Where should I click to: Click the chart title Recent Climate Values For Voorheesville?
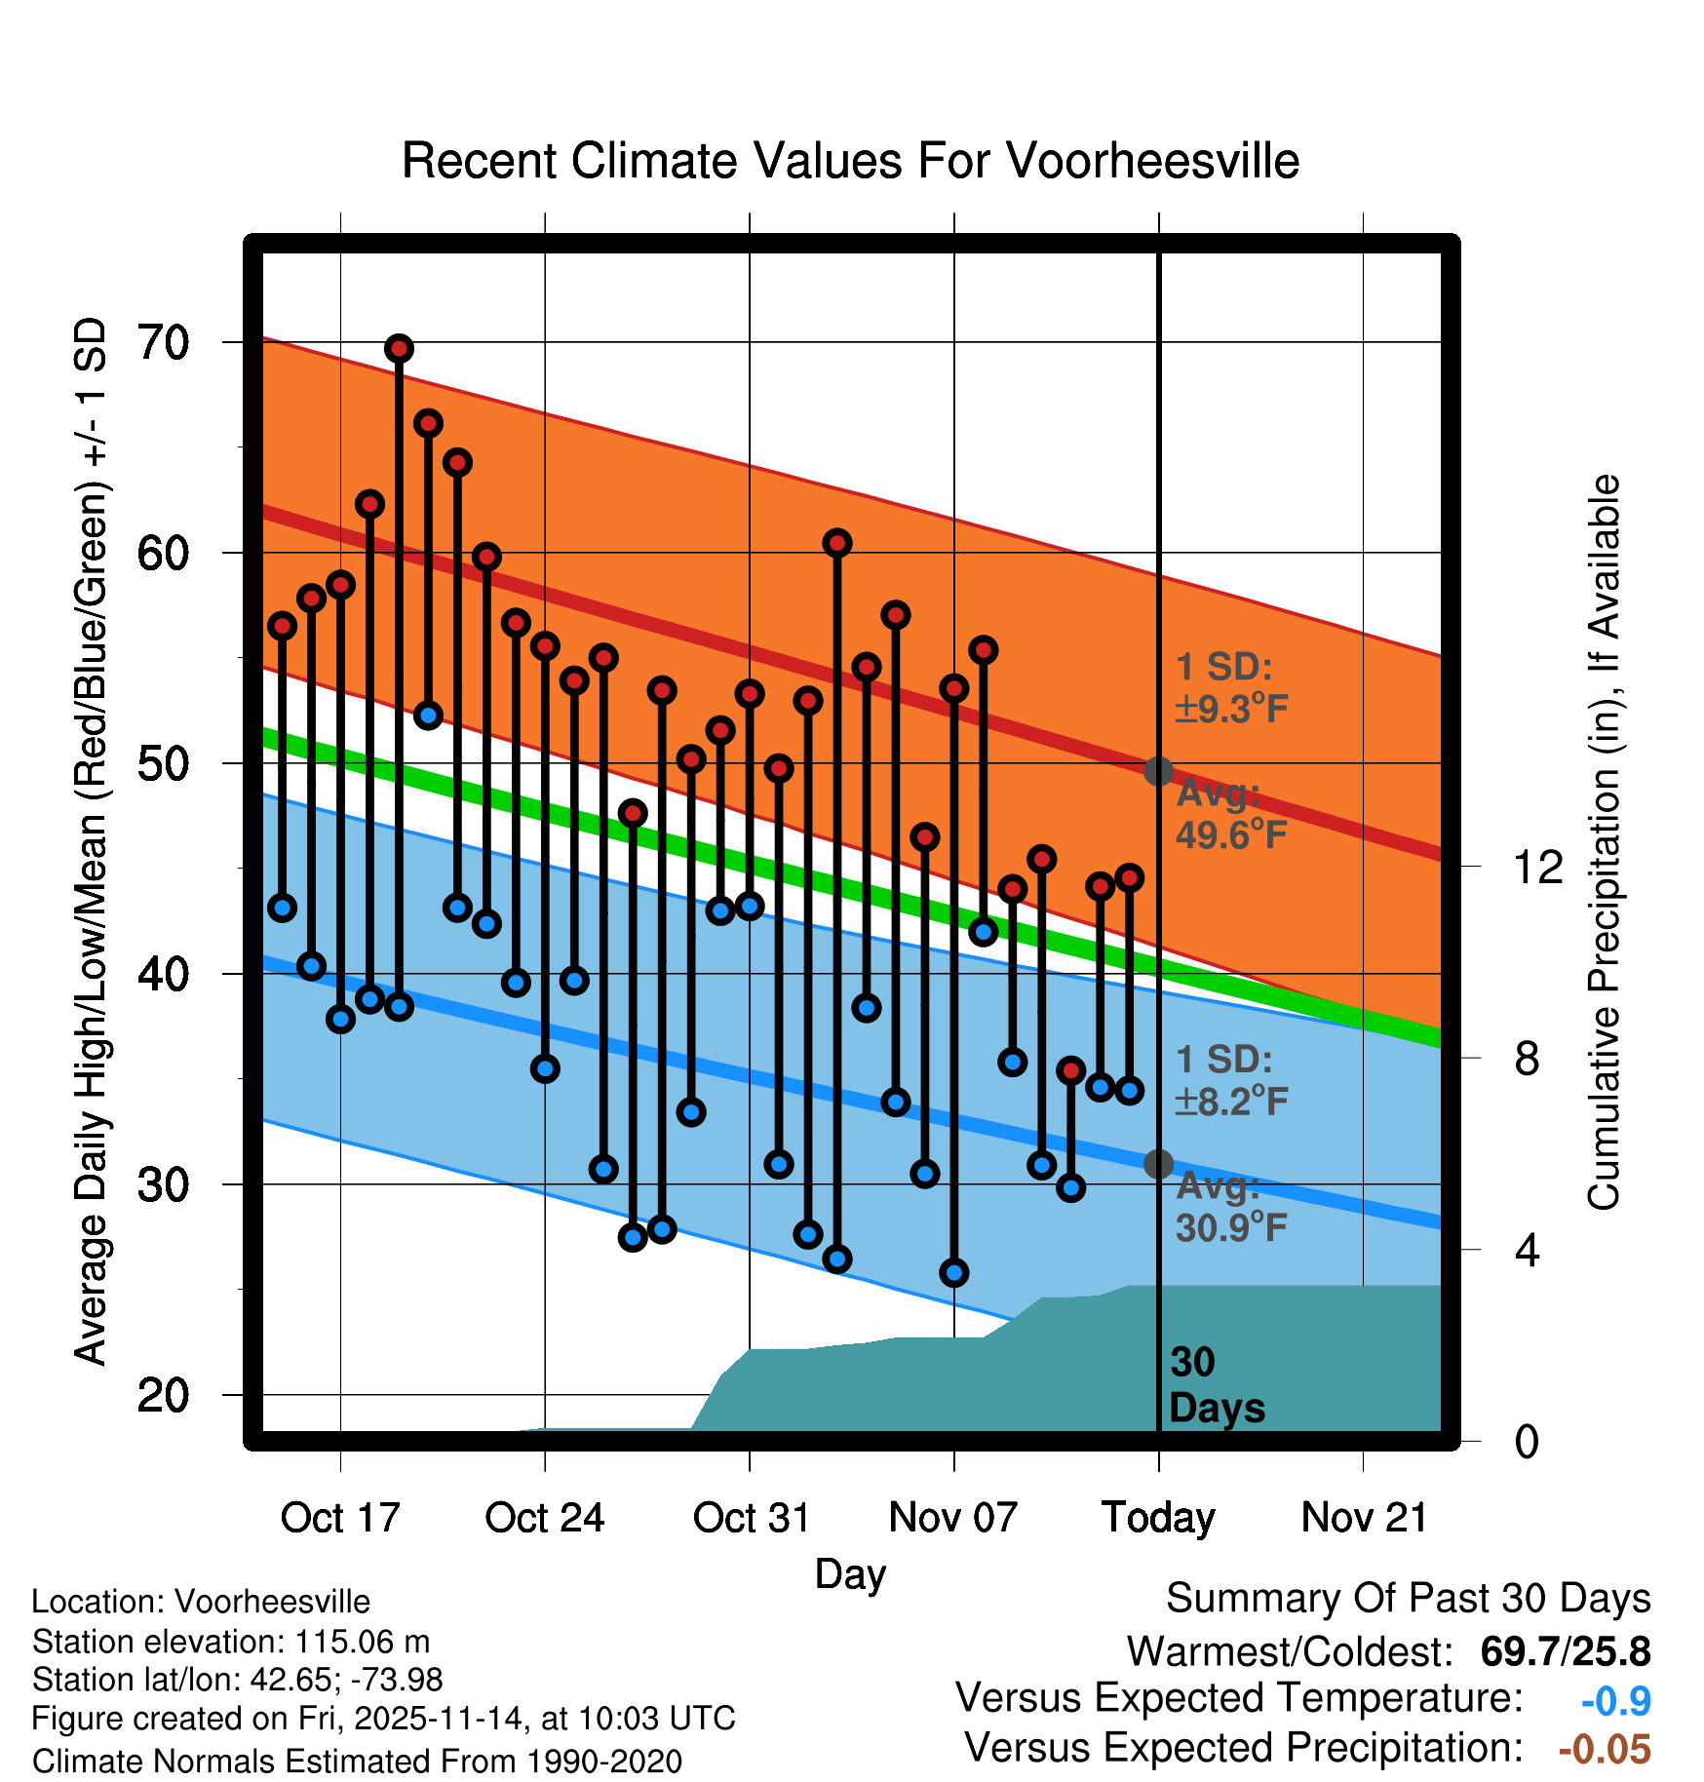point(850,161)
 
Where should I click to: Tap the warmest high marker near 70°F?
point(399,348)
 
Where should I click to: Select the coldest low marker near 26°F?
point(954,1272)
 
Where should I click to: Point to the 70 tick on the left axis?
point(163,342)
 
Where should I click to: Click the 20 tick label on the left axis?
point(163,1395)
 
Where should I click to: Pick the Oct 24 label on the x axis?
point(545,1518)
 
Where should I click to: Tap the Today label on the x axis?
point(1158,1518)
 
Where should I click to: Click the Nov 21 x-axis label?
point(1364,1518)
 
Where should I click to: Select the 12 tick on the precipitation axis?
point(1537,866)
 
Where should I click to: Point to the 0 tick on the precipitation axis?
point(1527,1441)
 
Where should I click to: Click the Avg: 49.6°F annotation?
point(1231,815)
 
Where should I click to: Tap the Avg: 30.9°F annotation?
point(1231,1207)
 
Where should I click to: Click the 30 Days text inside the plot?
point(1217,1385)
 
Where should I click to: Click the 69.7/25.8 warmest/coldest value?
point(1565,1651)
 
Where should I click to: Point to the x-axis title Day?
point(850,1573)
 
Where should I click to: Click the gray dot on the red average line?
point(1158,771)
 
